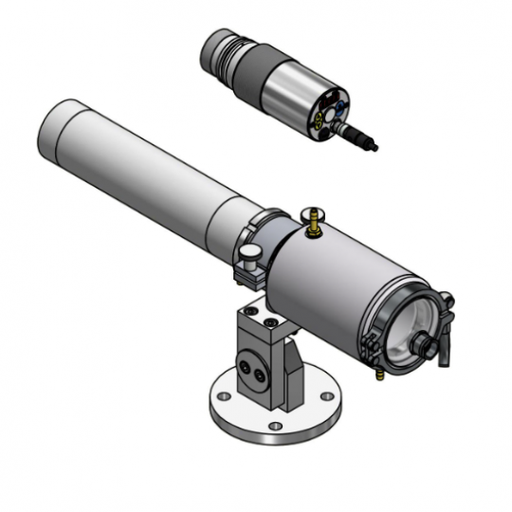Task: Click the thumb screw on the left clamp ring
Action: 248,254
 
